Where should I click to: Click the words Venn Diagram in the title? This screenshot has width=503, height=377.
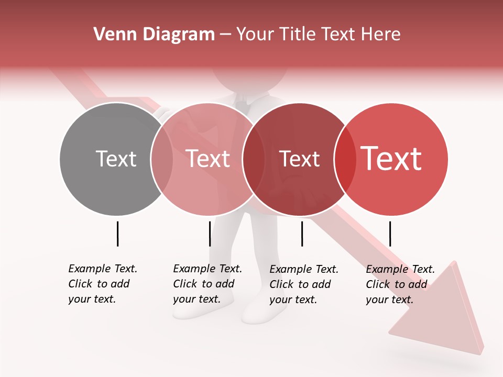(x=154, y=35)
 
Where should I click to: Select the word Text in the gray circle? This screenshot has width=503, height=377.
(x=116, y=159)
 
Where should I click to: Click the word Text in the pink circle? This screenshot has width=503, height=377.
(x=208, y=159)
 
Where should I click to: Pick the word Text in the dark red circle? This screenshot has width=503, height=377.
(x=299, y=159)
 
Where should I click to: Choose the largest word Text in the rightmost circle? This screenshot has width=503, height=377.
(x=391, y=159)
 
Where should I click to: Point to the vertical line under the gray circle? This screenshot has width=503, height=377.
(x=117, y=234)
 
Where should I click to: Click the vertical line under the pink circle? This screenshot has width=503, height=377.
(x=210, y=234)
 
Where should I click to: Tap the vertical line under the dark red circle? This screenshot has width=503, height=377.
(x=302, y=234)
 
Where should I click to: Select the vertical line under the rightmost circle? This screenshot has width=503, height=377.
(x=390, y=234)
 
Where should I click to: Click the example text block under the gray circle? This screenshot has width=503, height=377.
(x=103, y=284)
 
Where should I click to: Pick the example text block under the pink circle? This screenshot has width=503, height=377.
(x=207, y=284)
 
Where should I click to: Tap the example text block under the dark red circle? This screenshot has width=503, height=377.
(x=304, y=284)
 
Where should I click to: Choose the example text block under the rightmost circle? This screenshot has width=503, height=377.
(x=400, y=284)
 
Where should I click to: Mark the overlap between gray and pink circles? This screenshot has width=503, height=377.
(x=162, y=159)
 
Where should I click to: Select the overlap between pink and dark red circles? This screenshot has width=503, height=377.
(x=254, y=159)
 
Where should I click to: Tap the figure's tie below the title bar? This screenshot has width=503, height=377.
(x=242, y=105)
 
